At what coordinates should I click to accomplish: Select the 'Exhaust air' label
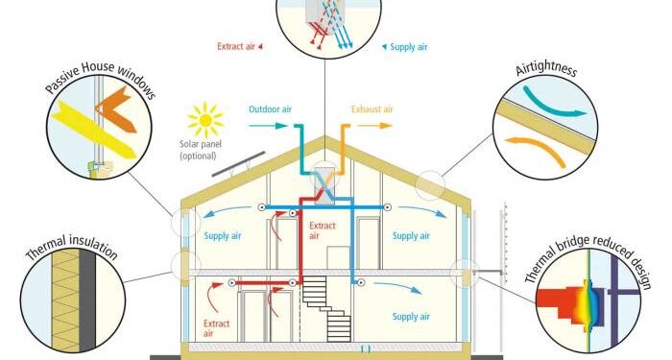coord(372,108)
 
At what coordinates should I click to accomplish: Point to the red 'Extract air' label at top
coord(237,45)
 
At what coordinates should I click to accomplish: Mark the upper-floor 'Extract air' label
coord(323,230)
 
